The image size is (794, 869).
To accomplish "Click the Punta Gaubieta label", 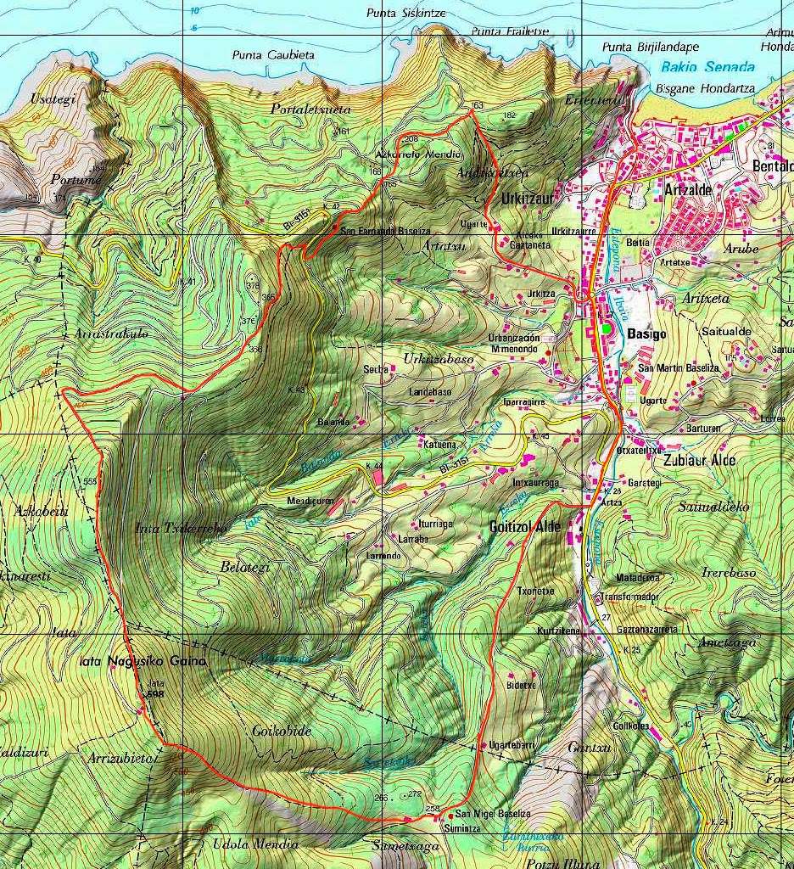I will click(273, 55).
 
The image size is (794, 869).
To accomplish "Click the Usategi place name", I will click(53, 98).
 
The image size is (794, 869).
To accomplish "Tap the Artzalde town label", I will click(689, 189).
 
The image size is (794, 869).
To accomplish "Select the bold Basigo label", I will click(646, 334).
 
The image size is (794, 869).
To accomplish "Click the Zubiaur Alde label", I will click(701, 460).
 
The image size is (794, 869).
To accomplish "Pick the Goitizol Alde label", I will click(524, 527).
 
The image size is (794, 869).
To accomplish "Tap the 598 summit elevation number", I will click(154, 693).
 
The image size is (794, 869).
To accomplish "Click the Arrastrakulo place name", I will click(111, 334).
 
